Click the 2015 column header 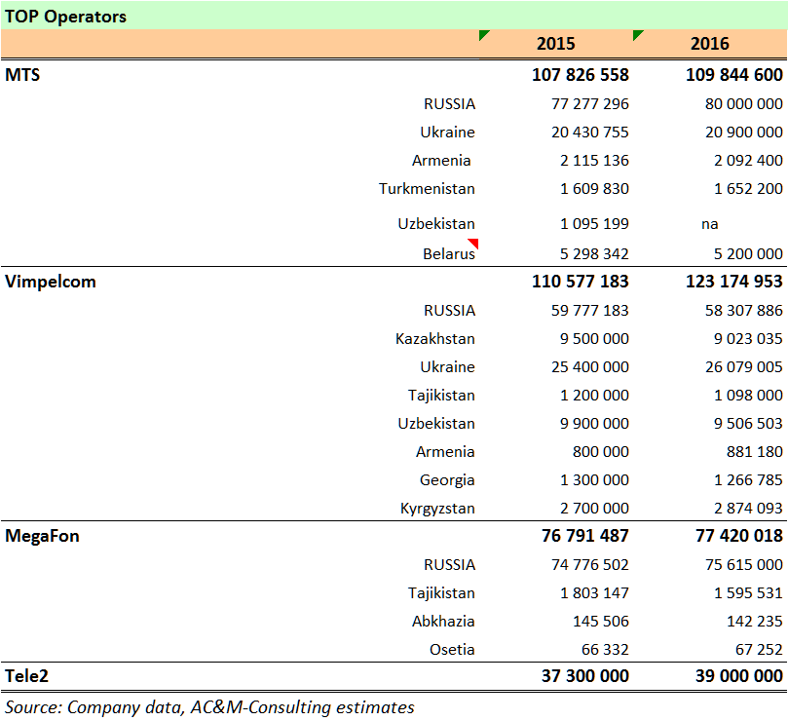coord(555,44)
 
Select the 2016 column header coord(709,44)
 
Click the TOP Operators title coord(66,17)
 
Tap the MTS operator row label coord(23,75)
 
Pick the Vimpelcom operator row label coord(51,283)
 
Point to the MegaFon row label coord(43,537)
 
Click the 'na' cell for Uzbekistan coord(709,224)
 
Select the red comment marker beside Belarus coord(473,244)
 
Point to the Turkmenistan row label coord(427,189)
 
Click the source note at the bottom coord(209,707)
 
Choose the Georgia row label coord(447,480)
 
